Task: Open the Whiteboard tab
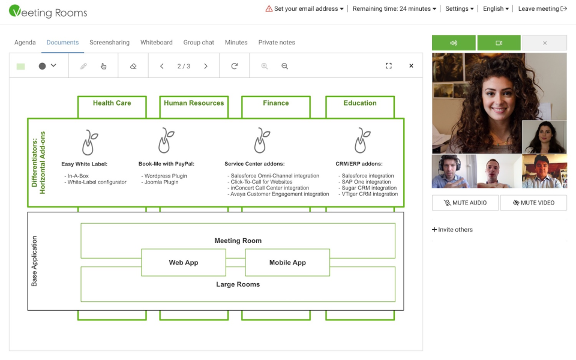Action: tap(156, 42)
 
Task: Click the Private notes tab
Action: tap(277, 42)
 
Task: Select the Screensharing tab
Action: tap(109, 42)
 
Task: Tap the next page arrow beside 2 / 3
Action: tap(206, 66)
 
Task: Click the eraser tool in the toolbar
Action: tap(133, 66)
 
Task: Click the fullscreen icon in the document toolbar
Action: tap(389, 66)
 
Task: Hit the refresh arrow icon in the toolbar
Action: tap(235, 66)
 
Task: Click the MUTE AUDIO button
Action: tap(465, 203)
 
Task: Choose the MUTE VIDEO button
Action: tap(534, 203)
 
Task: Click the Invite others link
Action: tap(452, 230)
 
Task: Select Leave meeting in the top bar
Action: tap(542, 9)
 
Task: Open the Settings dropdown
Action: tap(459, 9)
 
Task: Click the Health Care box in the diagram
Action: tap(112, 107)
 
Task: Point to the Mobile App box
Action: tap(287, 263)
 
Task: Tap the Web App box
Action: tap(184, 263)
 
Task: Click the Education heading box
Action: tap(360, 107)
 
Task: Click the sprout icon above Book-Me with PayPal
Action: tap(166, 140)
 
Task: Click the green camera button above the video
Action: tap(499, 43)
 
